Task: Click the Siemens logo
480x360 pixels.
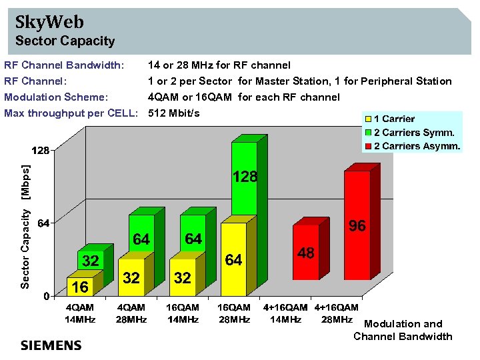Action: coord(51,345)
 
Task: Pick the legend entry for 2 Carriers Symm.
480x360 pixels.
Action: coord(413,133)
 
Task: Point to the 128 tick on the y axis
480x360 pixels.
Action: coord(41,151)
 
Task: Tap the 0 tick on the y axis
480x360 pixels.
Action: coord(46,295)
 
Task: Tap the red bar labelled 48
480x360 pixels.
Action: coord(306,257)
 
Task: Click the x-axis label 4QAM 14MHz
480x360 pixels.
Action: coord(79,313)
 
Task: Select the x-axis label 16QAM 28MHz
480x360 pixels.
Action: coord(234,313)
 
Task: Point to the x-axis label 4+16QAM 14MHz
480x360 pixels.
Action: coord(285,313)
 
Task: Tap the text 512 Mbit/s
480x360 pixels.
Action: coord(174,113)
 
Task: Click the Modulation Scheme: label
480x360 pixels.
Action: coord(51,97)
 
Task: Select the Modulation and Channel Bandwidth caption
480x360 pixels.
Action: coord(403,330)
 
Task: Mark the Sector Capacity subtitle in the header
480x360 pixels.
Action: coord(65,41)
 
